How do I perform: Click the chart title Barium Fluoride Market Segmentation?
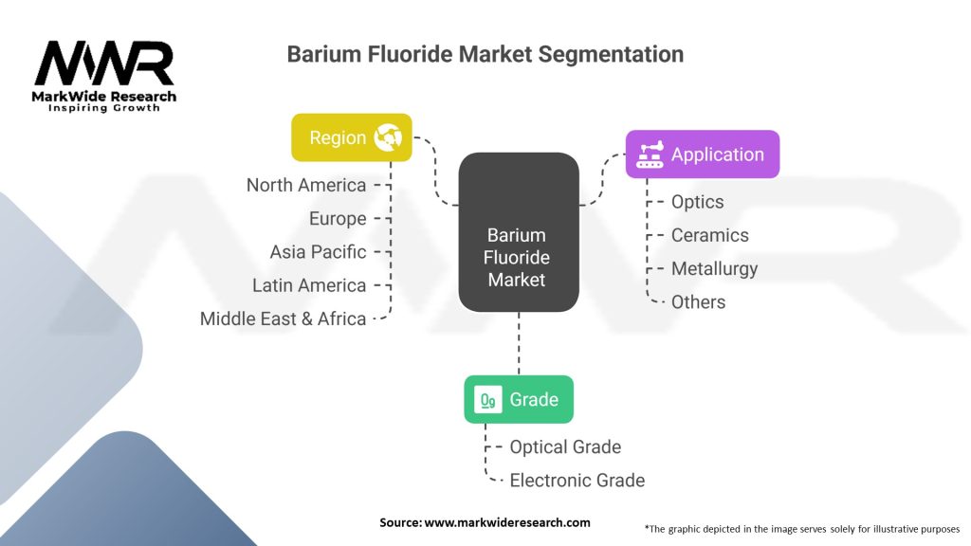(x=485, y=54)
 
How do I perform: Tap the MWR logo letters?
(x=104, y=64)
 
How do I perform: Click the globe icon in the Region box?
(x=388, y=137)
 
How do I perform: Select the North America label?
(x=305, y=185)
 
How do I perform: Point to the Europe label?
(x=337, y=219)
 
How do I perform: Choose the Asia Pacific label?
(x=318, y=252)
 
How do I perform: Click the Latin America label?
(x=308, y=285)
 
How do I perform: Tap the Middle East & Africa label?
(x=283, y=318)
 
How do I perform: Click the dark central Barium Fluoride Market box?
(x=519, y=232)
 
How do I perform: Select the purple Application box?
(x=702, y=154)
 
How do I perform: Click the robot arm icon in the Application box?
(x=650, y=154)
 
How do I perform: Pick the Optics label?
(x=697, y=202)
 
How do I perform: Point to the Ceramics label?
(x=709, y=235)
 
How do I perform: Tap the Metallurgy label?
(x=714, y=268)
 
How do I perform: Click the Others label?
(x=698, y=302)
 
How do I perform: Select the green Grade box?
(x=518, y=399)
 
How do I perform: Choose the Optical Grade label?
(x=565, y=446)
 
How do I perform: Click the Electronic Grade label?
(x=577, y=481)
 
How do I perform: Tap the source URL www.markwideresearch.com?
(x=507, y=522)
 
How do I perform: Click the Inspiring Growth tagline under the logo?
(x=103, y=108)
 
